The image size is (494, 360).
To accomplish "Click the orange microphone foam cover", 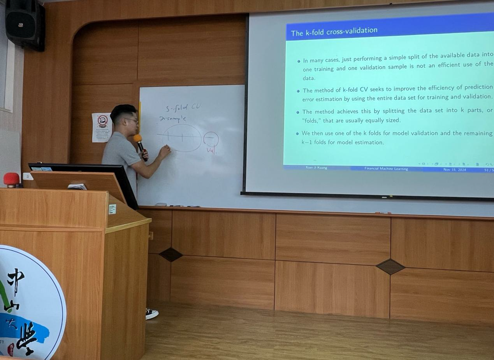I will pos(137,138).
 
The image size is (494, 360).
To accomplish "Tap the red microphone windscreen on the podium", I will pos(11,179).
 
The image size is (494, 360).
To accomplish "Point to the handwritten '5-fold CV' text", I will pos(183,108).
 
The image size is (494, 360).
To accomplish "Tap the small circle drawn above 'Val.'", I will pos(211,139).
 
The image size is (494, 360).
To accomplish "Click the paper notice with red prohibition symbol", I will pos(102,127).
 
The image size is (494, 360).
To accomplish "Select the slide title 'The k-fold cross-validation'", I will pos(334,31).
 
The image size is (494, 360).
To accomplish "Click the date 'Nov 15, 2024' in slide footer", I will pos(454,169).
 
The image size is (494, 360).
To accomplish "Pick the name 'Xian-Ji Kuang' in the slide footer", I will pos(316,167).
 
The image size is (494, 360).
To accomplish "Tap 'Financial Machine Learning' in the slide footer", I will pos(386,169).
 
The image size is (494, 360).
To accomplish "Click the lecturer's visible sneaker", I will pos(152,313).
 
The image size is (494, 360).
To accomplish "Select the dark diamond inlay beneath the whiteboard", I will pos(171,255).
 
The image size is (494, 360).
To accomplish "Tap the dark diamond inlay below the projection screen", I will pos(390,267).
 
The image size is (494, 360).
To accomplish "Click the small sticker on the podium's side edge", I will pos(112,209).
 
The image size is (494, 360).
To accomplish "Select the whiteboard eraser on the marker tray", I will pos(161,204).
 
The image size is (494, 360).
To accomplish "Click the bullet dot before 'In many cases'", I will pos(299,61).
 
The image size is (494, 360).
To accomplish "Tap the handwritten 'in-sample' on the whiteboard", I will pos(173,119).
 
